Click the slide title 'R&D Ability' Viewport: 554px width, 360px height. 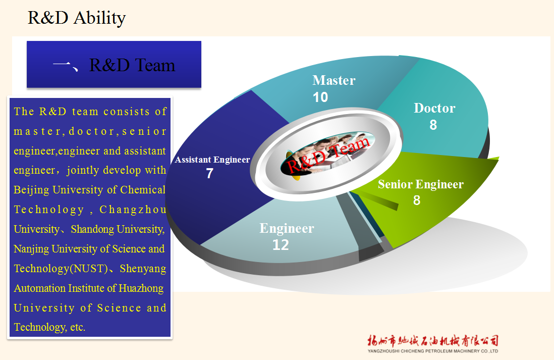(x=77, y=18)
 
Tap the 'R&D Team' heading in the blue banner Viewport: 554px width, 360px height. (x=132, y=65)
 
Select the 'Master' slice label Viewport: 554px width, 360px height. (x=334, y=80)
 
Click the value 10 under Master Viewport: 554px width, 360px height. (x=320, y=97)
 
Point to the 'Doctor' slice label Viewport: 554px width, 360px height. (x=434, y=108)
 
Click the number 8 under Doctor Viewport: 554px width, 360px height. (x=433, y=125)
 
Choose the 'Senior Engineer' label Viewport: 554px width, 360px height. (x=421, y=184)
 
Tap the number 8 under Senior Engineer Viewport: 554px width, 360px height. (x=417, y=200)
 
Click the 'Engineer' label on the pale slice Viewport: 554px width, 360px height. (x=287, y=228)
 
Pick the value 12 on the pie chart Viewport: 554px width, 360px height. (x=281, y=245)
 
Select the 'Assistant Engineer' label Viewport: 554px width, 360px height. (x=212, y=160)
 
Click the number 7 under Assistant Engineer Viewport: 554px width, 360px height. (x=209, y=173)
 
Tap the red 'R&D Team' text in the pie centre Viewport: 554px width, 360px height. (x=328, y=155)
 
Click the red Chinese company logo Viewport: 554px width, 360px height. (x=433, y=340)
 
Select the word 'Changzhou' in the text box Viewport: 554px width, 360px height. (x=133, y=210)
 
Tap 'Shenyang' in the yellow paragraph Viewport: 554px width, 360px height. (x=143, y=269)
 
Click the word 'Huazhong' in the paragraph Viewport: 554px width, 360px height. (x=141, y=289)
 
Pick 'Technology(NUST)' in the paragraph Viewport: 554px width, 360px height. (x=61, y=269)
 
